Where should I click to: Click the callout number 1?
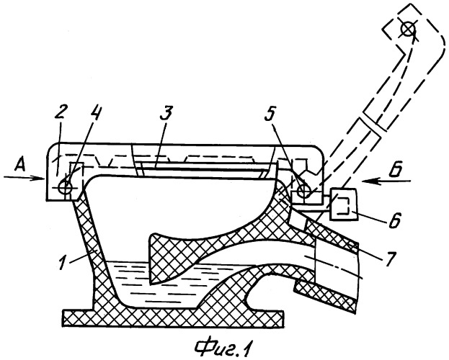coord(63,263)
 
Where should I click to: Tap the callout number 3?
coord(166,113)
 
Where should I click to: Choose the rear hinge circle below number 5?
coord(304,191)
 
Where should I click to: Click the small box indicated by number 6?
coord(344,204)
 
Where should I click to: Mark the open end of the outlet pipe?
coord(357,278)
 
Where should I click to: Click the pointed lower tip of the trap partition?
coord(151,284)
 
